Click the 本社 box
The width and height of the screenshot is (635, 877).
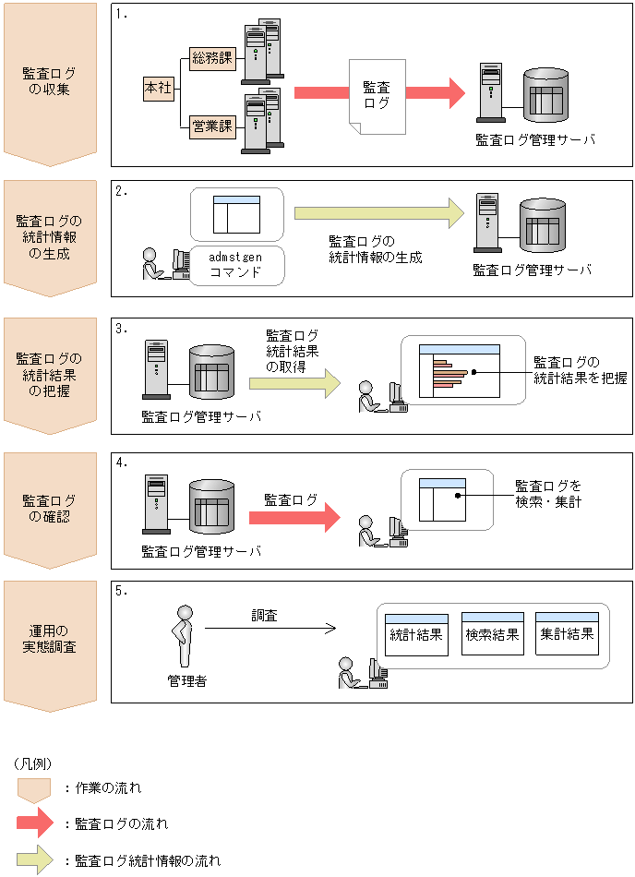(x=159, y=88)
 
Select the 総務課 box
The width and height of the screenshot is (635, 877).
(x=212, y=57)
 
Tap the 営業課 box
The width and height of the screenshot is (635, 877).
(x=212, y=126)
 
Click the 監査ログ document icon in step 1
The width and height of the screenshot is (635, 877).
(x=377, y=97)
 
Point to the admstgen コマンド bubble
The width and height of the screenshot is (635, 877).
(x=236, y=266)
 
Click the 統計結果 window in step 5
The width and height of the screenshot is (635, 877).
(x=416, y=635)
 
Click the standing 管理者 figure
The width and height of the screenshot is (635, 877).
(x=183, y=636)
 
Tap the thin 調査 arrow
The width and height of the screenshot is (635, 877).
(x=270, y=629)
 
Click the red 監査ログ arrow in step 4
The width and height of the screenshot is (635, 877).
(x=294, y=517)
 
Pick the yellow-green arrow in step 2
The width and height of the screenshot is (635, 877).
(x=379, y=213)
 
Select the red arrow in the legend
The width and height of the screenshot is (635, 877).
(x=35, y=823)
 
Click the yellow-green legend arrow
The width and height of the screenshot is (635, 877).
(x=35, y=859)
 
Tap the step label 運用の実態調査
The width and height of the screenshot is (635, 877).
(x=49, y=639)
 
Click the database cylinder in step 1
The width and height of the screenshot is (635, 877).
(x=545, y=96)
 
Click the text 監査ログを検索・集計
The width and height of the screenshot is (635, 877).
(x=548, y=494)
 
